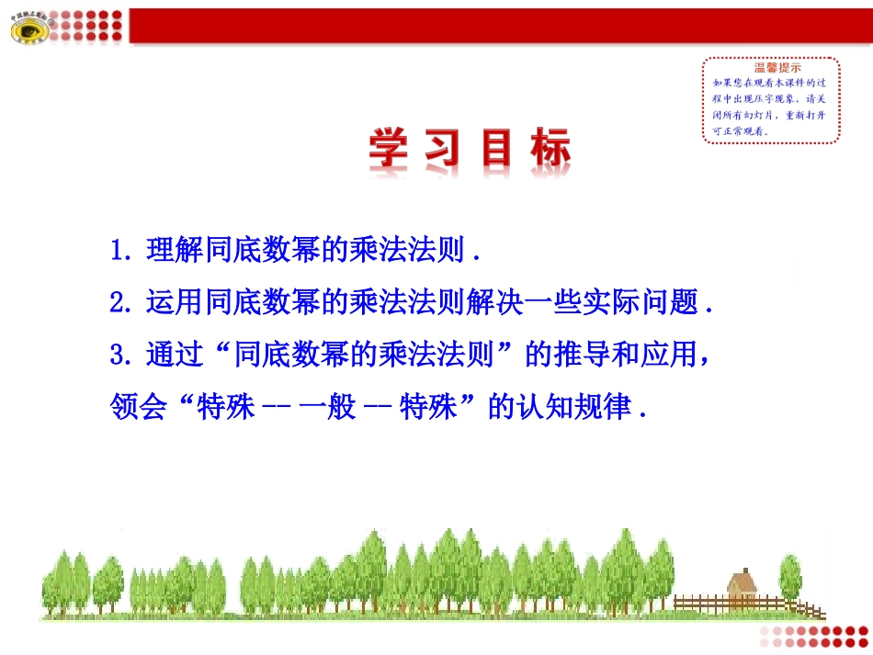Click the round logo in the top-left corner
(x=29, y=31)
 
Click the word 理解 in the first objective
(x=175, y=251)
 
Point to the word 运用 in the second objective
(x=175, y=302)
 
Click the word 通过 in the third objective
(x=175, y=354)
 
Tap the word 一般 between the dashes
(x=328, y=406)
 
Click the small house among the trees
(x=741, y=586)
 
